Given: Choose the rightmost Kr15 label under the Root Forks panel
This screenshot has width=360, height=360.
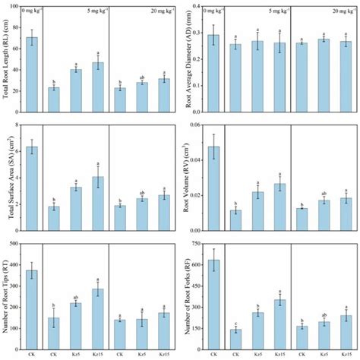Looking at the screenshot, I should pyautogui.click(x=346, y=353).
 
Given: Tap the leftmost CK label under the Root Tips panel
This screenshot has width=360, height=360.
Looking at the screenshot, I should pyautogui.click(x=32, y=353).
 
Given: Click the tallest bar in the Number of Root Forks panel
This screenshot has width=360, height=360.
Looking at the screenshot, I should pyautogui.click(x=214, y=303).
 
